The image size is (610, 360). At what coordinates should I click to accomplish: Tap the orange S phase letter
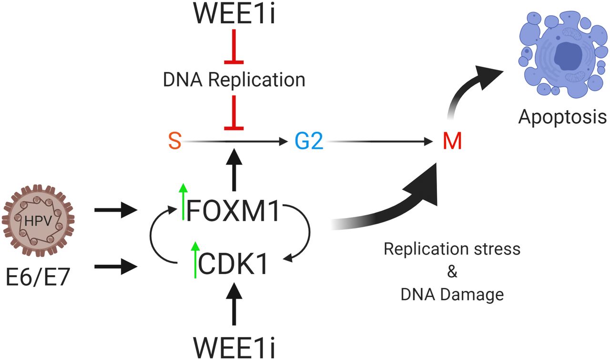point(174,142)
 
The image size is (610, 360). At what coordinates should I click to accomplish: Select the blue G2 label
point(308,142)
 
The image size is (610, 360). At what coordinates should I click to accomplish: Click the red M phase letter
point(452,142)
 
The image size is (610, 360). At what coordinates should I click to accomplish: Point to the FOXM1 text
point(233,211)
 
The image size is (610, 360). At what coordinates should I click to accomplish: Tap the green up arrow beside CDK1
point(194,260)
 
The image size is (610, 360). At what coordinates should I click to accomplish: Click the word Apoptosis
point(562,116)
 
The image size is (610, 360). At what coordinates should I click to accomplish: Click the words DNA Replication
point(234,80)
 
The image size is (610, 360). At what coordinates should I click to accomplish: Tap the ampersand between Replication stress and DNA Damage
point(452,272)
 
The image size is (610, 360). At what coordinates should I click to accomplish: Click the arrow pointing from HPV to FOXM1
point(115,209)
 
